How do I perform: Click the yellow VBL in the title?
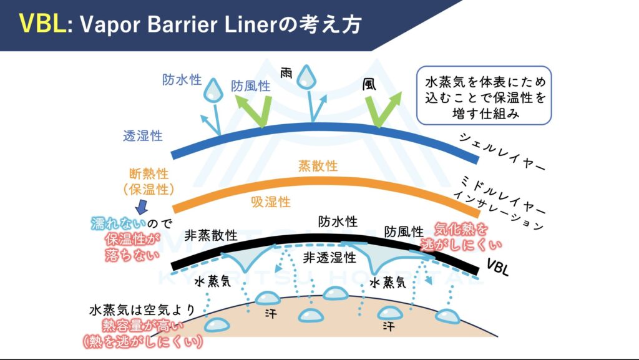coord(41,24)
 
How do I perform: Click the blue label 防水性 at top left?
coord(182,80)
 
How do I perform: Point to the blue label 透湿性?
coord(143,135)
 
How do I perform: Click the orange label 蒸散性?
coord(318,166)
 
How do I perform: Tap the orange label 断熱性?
coord(149,173)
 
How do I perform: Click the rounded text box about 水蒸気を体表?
coord(484,95)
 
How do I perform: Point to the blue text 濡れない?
coord(119,223)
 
